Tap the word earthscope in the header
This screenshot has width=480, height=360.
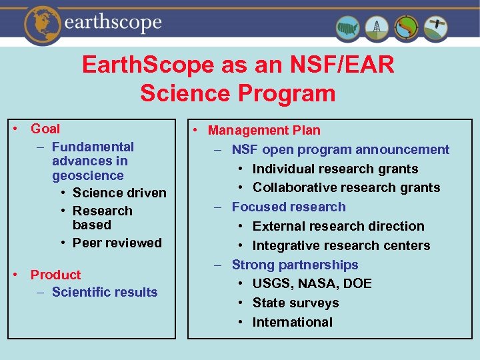[x=113, y=23]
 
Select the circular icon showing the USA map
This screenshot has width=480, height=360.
[x=347, y=28]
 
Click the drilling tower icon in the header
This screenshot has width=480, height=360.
[x=377, y=28]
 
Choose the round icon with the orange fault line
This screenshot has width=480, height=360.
[x=407, y=28]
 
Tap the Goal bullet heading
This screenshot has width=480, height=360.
[x=45, y=129]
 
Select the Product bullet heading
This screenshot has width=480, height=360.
[x=55, y=275]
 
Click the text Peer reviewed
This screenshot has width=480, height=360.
[x=117, y=243]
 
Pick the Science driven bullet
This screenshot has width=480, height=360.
[x=119, y=193]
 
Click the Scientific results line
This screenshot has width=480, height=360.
[x=105, y=292]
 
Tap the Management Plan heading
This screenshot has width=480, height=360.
[x=264, y=131]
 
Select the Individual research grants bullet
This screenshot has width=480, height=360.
[x=335, y=169]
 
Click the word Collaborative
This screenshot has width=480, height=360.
[x=295, y=187]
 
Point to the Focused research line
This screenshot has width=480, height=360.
[x=289, y=207]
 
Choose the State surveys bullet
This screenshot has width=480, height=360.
[x=295, y=303]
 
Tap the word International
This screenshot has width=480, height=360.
[x=292, y=322]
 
